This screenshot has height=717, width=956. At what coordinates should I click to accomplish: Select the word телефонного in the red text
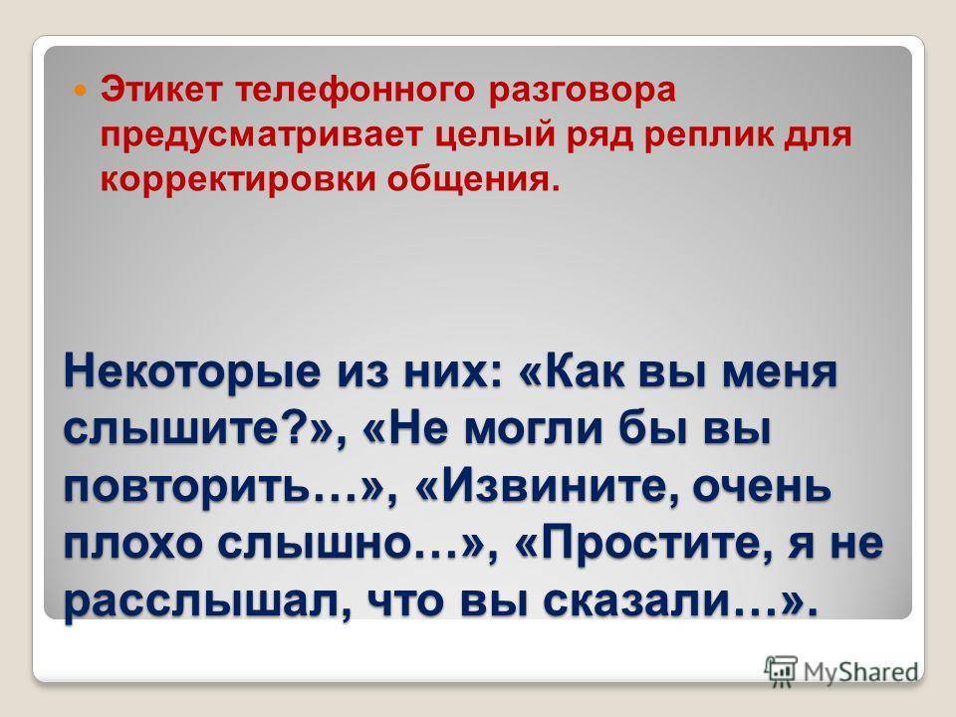coord(355,90)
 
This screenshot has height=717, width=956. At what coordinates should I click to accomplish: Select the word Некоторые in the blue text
coord(192,373)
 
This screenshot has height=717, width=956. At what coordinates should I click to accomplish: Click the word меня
coord(780,373)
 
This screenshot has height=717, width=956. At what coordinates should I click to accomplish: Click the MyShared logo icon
coord(781,671)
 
